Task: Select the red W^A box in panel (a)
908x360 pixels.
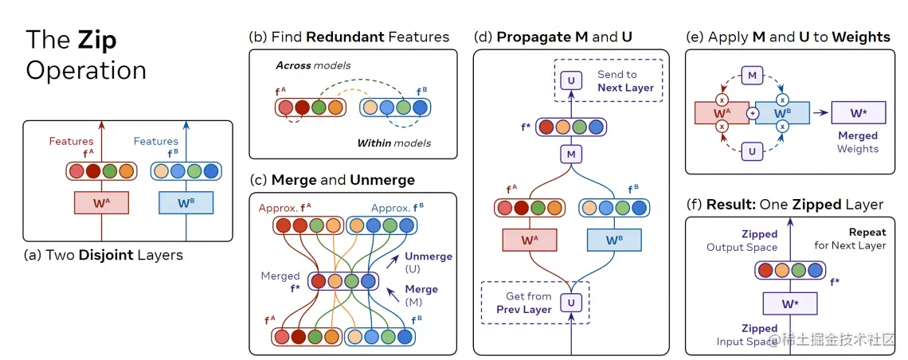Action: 100,203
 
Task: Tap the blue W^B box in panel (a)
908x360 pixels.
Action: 186,203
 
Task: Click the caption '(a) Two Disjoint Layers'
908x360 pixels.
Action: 104,256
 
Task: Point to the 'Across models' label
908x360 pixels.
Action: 313,65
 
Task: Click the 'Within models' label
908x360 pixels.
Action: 393,143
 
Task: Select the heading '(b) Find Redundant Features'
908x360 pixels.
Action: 349,37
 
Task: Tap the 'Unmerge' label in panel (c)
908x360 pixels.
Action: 427,256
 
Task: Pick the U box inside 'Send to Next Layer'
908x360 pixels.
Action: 570,80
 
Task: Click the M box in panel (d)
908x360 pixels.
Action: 570,154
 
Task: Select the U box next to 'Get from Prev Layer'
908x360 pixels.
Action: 570,302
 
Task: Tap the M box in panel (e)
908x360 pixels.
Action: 752,76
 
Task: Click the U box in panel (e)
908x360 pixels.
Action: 752,149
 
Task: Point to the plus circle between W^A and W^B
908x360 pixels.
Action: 752,113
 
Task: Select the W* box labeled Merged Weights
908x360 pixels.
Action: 858,113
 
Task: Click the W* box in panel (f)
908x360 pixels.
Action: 791,303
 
